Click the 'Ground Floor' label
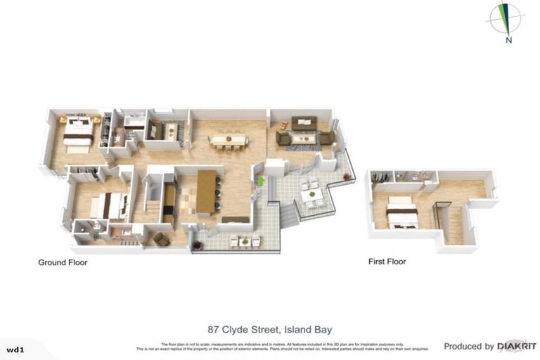62,262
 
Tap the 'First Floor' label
387,262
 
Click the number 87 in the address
214,329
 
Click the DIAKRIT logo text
517,346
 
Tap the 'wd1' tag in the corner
14,349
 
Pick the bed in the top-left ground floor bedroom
77,131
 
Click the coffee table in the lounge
304,138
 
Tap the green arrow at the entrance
261,181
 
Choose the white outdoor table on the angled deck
312,191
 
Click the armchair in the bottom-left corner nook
162,239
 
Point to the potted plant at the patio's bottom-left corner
198,244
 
